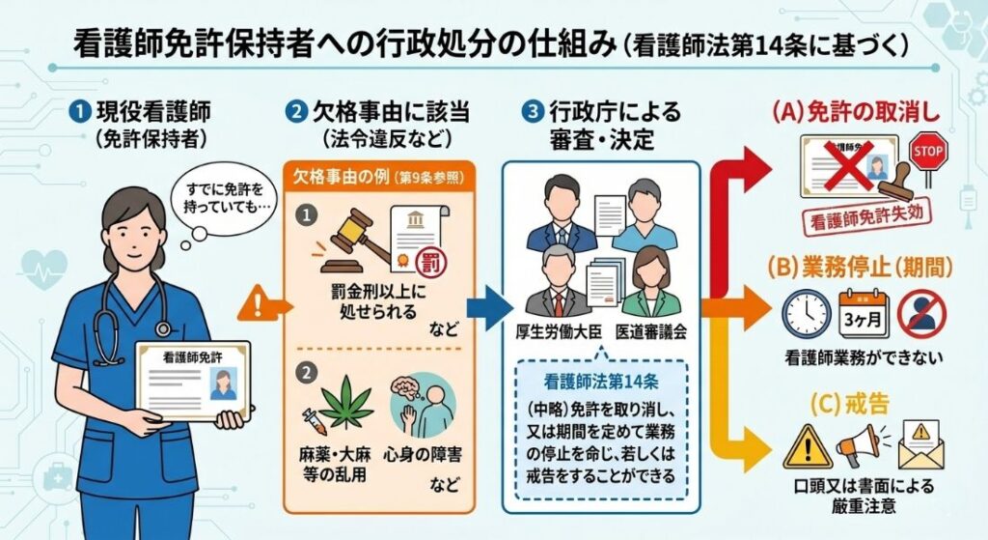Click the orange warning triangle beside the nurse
pos(257,304)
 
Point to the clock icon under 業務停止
pos(805,314)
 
